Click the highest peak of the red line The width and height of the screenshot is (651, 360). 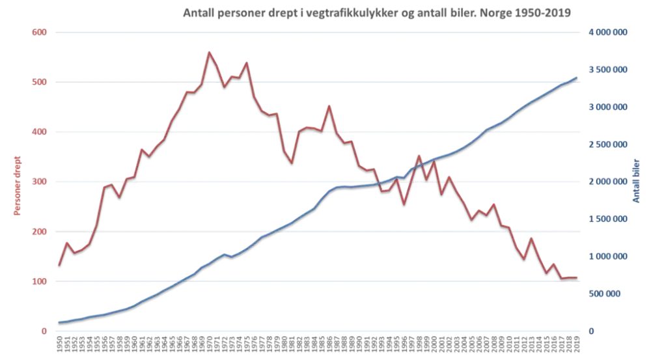(x=208, y=51)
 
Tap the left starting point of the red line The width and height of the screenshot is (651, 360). (x=59, y=265)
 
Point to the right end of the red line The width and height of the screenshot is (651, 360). (x=578, y=278)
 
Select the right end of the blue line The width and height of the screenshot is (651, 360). (x=577, y=76)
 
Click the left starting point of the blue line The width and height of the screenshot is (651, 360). (x=59, y=321)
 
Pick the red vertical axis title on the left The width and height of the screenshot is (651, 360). (x=16, y=183)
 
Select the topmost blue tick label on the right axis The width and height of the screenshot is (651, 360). (x=609, y=31)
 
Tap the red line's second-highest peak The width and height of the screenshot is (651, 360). (x=246, y=62)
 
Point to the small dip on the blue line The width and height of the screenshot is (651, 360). (x=232, y=256)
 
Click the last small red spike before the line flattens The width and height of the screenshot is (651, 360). (x=554, y=265)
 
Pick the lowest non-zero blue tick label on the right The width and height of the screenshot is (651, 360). (x=609, y=294)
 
